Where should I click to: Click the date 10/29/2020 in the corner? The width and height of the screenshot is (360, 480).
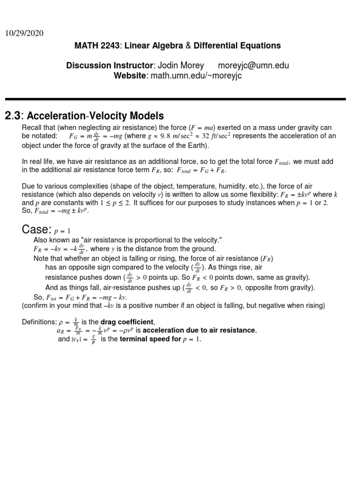(x=24, y=33)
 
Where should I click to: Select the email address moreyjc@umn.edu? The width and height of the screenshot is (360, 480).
(x=254, y=66)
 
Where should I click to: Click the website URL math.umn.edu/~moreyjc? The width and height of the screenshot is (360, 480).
(x=195, y=76)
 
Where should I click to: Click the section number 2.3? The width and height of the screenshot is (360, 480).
(x=13, y=116)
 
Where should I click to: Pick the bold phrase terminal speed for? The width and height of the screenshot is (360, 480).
(x=150, y=339)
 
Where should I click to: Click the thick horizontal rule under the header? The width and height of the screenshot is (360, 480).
(x=175, y=99)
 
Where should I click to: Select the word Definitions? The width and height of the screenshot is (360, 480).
(x=39, y=322)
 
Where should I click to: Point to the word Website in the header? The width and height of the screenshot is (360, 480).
(x=130, y=76)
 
